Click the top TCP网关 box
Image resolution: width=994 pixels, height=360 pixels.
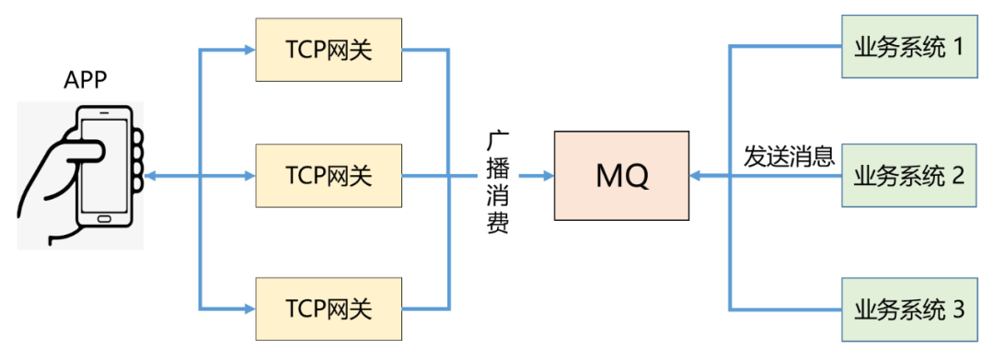point(329,50)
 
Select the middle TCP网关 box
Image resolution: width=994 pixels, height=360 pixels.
point(329,175)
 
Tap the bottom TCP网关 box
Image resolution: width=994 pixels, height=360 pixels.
point(329,308)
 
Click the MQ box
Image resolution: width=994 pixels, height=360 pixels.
point(622,175)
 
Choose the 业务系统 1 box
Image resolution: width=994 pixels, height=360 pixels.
point(908,46)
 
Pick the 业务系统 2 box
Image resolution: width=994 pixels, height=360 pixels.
point(908,175)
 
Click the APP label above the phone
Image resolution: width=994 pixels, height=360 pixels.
point(85,81)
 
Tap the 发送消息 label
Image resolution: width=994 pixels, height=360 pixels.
point(789,157)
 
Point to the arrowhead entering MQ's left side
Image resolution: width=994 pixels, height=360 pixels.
point(546,175)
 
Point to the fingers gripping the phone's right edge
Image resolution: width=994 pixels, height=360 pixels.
point(137,157)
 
